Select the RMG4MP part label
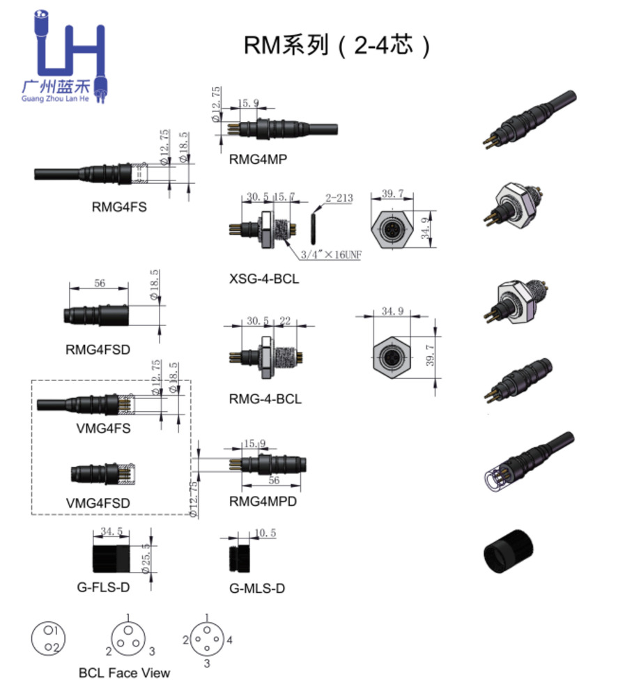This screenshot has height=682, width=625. (257, 159)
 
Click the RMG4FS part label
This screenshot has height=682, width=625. (118, 206)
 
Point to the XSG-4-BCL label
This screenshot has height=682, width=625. (264, 279)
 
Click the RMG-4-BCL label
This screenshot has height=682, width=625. (265, 399)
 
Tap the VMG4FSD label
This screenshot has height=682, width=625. (98, 502)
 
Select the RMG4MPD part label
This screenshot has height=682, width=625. (263, 501)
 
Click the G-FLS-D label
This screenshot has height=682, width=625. (103, 587)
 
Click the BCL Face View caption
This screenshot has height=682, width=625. (124, 672)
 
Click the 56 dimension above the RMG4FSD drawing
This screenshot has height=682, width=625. (99, 284)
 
